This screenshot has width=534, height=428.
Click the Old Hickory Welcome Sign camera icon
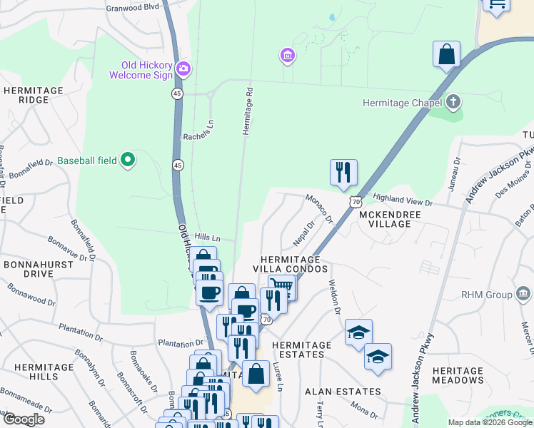click(183, 68)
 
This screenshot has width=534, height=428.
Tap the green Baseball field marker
click(127, 160)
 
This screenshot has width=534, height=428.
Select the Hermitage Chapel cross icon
click(453, 103)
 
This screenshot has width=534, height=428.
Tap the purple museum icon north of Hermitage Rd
click(288, 55)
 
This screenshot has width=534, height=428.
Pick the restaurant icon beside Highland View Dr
click(343, 172)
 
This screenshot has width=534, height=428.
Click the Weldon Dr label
click(333, 293)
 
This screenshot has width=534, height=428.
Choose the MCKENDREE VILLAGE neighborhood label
click(386, 219)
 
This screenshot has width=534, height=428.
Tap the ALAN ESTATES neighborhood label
click(343, 392)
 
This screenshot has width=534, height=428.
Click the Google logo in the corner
click(23, 419)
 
